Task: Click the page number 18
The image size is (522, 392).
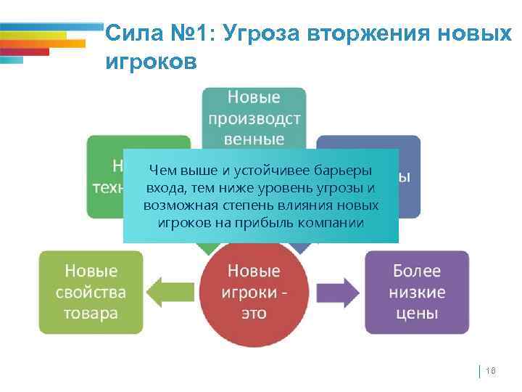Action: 489,371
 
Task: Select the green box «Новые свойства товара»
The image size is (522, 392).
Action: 91,292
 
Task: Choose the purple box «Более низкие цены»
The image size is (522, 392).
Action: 416,292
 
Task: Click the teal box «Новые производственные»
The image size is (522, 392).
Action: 254,116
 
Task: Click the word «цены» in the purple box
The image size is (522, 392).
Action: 416,314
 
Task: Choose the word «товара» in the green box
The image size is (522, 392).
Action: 91,314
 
